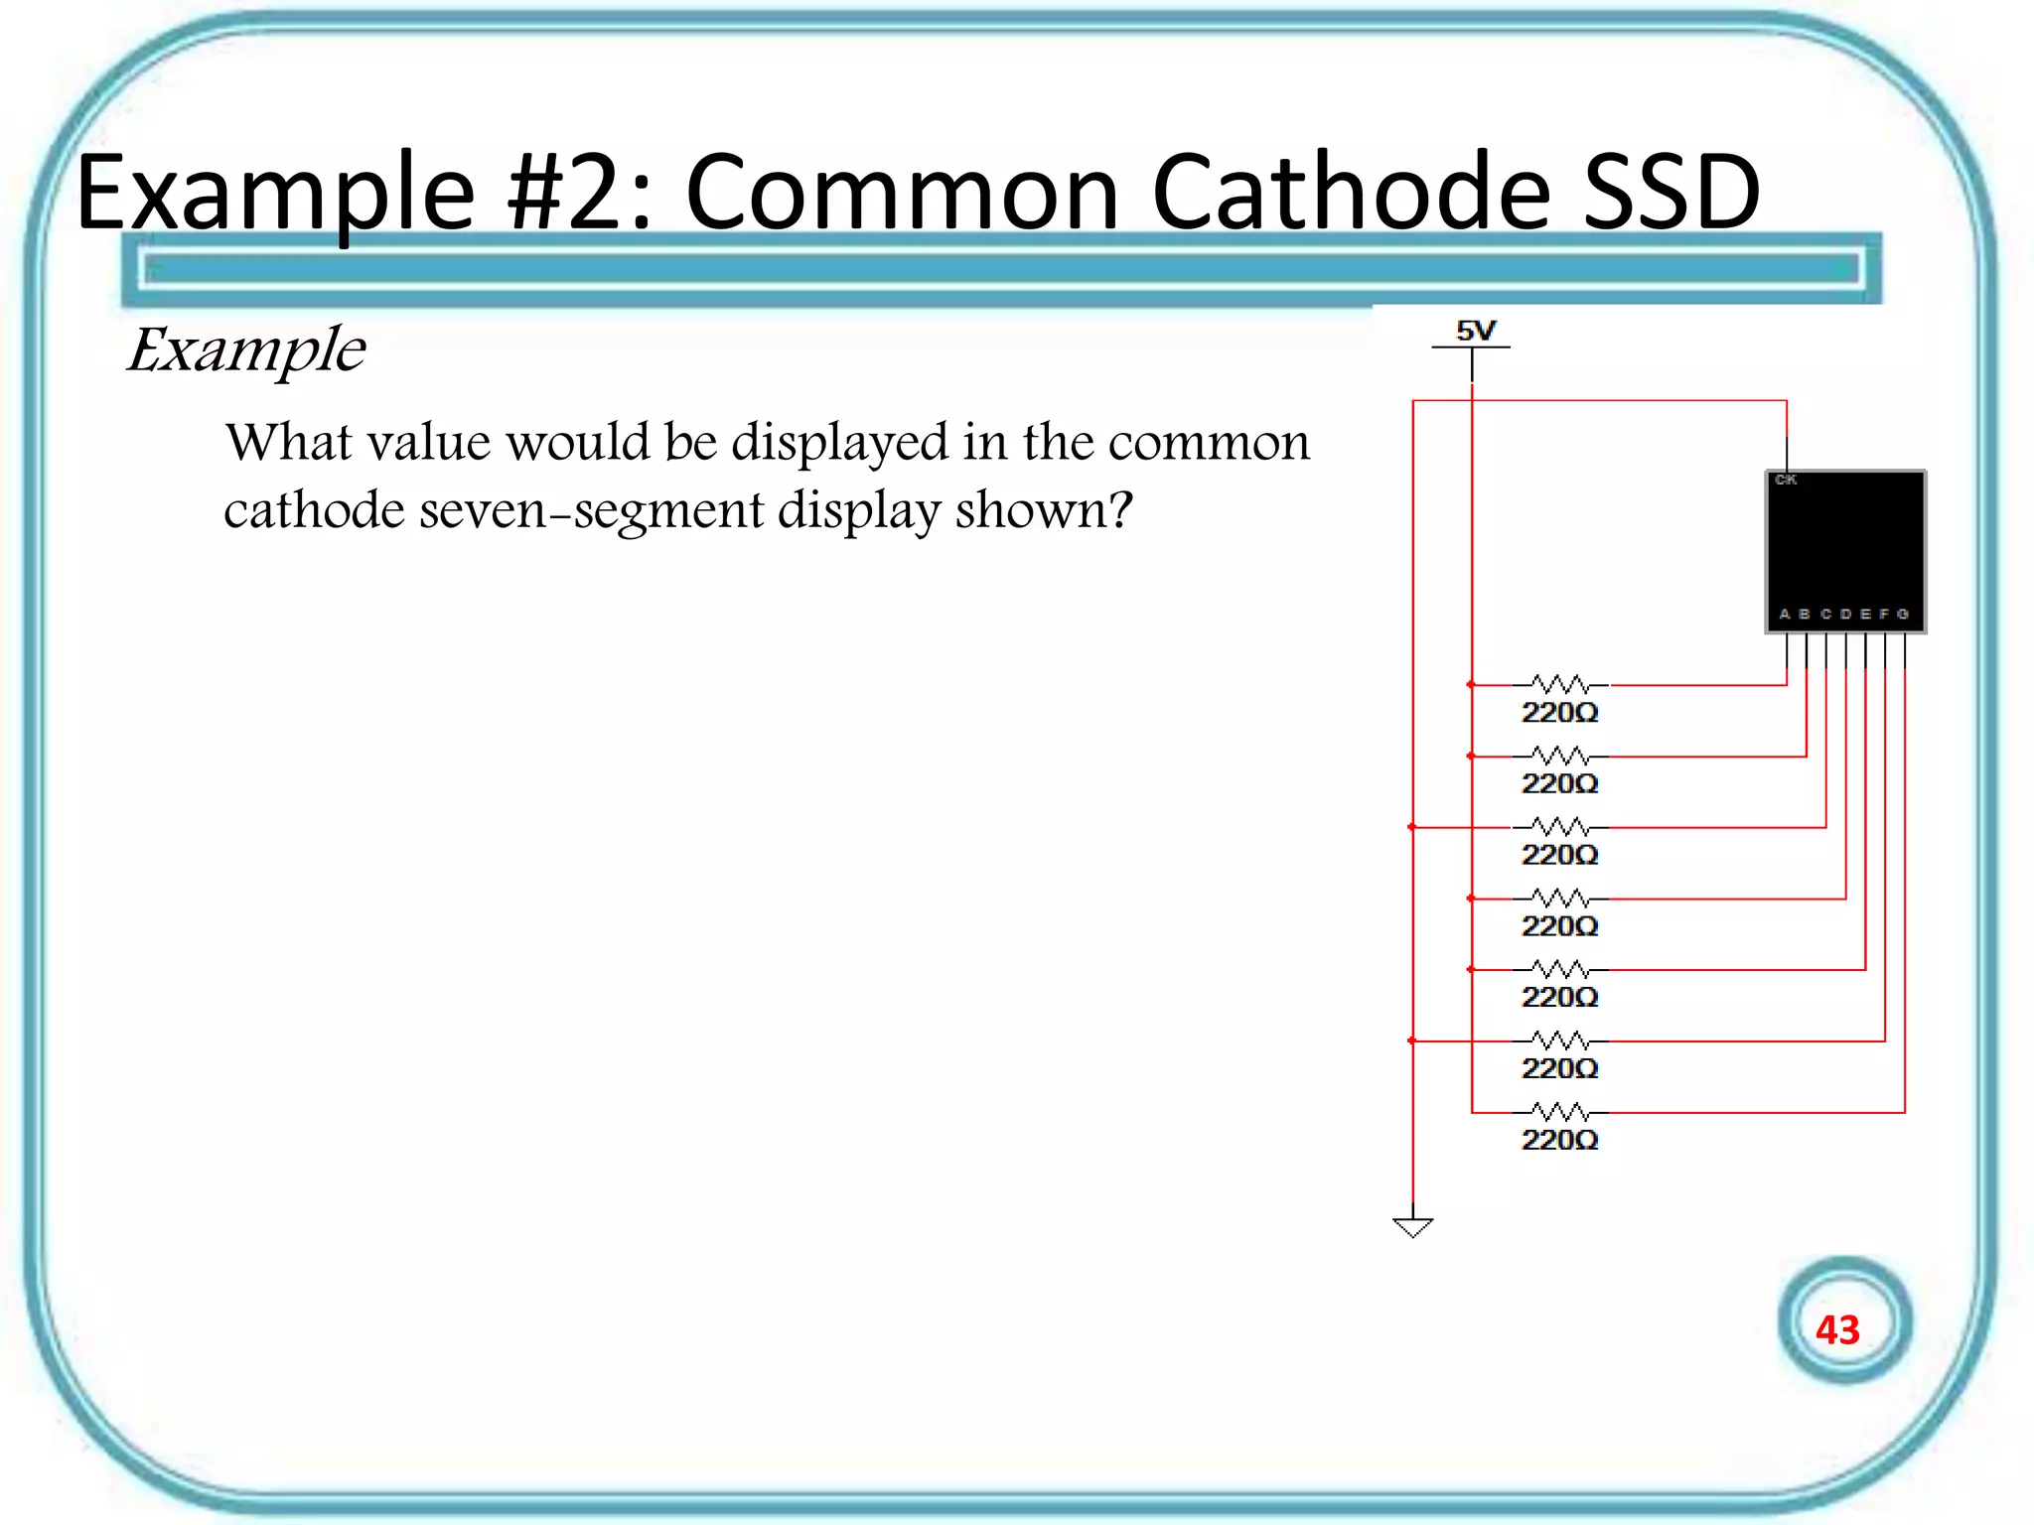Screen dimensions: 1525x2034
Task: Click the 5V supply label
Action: click(1475, 331)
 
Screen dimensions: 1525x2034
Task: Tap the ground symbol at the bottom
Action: click(1412, 1227)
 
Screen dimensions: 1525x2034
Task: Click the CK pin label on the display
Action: click(1785, 480)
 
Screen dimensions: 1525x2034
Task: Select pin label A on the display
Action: click(1785, 614)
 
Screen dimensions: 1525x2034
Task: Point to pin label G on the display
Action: click(1902, 614)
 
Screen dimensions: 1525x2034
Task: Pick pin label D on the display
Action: click(1844, 614)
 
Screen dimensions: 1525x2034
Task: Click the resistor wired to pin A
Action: click(1559, 685)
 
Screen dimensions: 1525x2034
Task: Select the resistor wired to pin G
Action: click(1559, 1111)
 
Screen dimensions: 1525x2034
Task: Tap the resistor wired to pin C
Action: click(1559, 827)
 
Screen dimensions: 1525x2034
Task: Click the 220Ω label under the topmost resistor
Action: click(1559, 713)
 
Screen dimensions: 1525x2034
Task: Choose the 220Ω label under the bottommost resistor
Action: click(1559, 1140)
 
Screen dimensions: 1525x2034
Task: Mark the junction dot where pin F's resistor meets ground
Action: click(1412, 1040)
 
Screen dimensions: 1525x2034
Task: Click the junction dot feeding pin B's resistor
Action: click(1471, 757)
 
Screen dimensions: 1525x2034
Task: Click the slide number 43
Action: click(1836, 1329)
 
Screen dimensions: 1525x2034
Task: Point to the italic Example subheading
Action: click(246, 350)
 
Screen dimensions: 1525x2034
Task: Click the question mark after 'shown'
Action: click(1120, 509)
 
